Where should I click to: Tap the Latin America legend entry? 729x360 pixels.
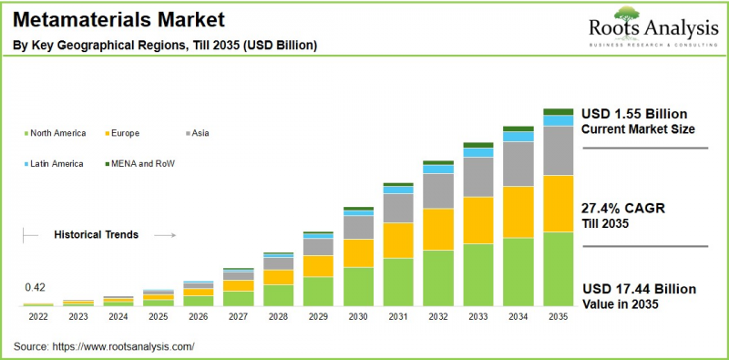(56, 163)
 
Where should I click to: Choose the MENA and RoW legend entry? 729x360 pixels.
(142, 163)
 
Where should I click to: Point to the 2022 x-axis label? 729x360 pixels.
(37, 316)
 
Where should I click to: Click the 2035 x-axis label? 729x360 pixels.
(558, 316)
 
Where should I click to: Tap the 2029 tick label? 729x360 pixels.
(317, 316)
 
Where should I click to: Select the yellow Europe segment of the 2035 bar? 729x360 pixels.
(558, 203)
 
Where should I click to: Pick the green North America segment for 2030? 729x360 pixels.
(357, 285)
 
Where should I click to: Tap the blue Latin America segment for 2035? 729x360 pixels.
(558, 120)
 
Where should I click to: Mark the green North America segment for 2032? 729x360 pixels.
(437, 277)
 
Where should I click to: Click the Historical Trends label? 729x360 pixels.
(96, 234)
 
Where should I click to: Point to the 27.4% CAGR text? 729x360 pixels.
(623, 209)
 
